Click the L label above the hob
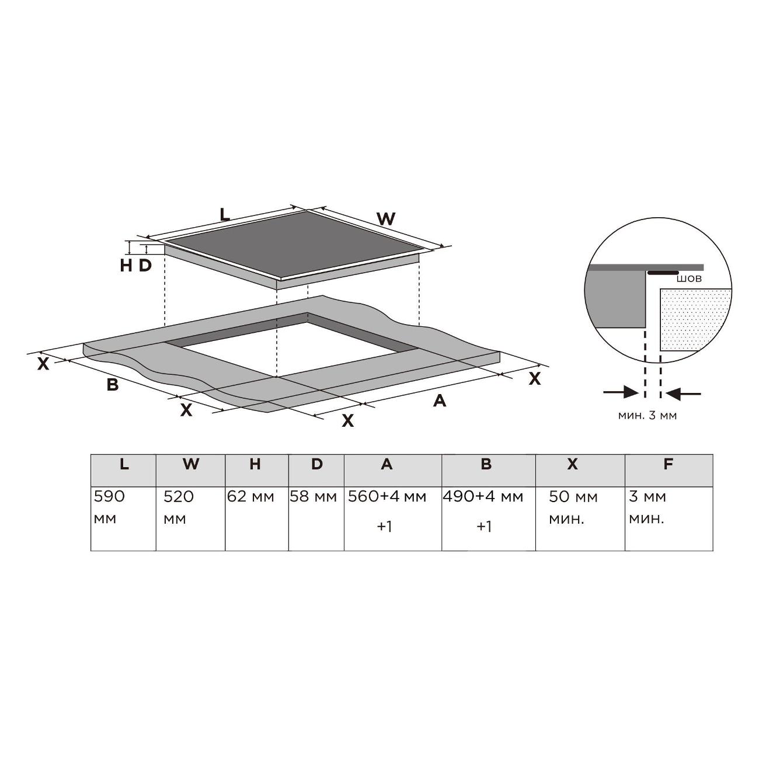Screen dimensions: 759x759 224,214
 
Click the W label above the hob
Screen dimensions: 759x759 386,218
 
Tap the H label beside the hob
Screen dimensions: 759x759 126,266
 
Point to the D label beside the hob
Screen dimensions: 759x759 145,266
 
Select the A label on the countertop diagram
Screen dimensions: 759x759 440,401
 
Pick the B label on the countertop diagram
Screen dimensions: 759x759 113,384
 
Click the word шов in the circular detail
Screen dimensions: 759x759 689,279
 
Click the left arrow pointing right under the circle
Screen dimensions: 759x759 621,393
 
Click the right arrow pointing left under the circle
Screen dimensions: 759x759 683,393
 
